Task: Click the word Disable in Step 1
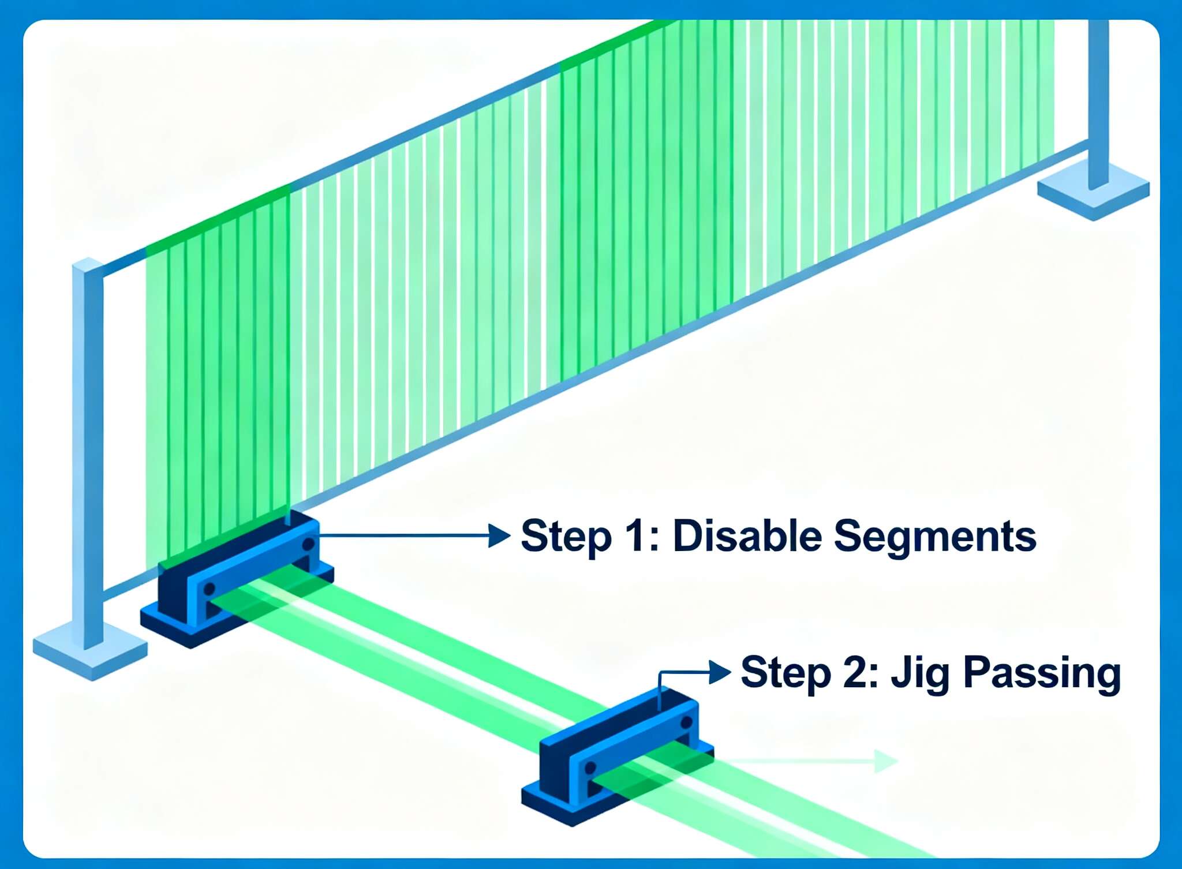click(x=747, y=535)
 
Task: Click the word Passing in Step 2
click(x=1042, y=674)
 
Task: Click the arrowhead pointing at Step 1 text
click(x=499, y=535)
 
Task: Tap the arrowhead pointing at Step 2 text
click(x=720, y=672)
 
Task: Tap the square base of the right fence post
click(x=1093, y=190)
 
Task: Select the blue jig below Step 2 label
click(x=618, y=756)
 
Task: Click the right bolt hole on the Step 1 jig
click(x=308, y=544)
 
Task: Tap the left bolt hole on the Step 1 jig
click(x=209, y=589)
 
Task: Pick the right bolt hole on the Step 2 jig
click(x=686, y=722)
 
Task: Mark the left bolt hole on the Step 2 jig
click(x=590, y=768)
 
